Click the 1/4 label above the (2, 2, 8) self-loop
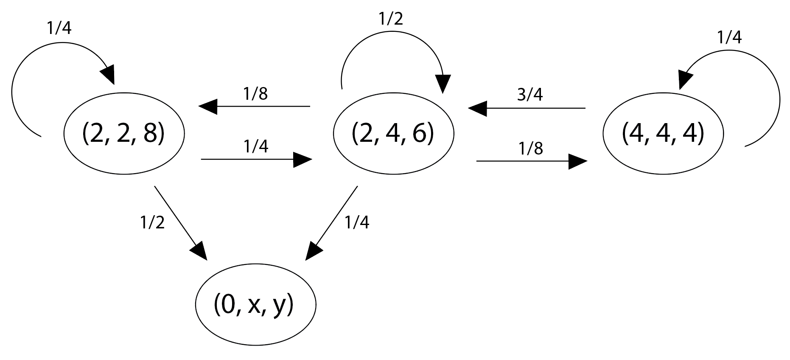[x=59, y=28]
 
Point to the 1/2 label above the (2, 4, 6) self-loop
[x=390, y=19]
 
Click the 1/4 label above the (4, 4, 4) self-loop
[x=729, y=38]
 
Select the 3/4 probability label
[x=530, y=95]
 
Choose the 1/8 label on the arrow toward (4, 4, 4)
[x=530, y=149]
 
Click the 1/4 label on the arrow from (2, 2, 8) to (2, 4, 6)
[x=256, y=146]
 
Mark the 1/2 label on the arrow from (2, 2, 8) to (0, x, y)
[x=152, y=222]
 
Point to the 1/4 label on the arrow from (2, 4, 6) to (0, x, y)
[x=357, y=222]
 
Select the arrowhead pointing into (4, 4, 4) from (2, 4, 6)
[x=578, y=161]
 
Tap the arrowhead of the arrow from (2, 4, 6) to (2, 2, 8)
[x=208, y=106]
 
